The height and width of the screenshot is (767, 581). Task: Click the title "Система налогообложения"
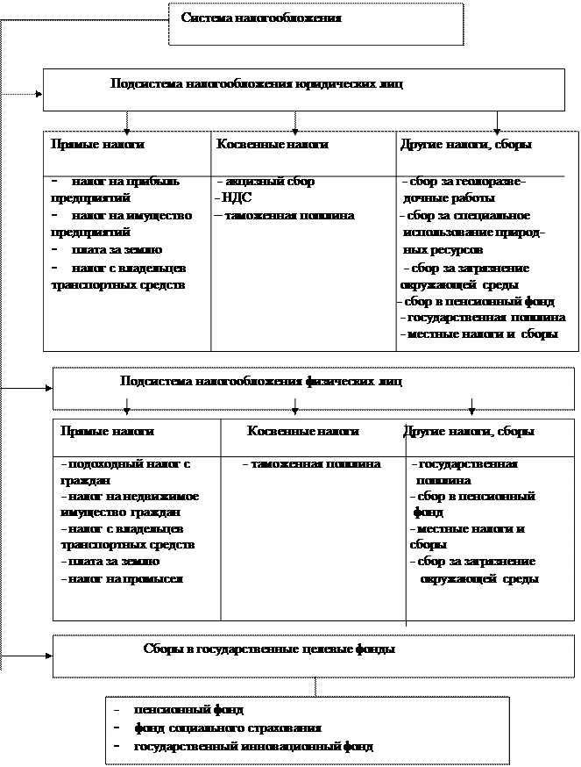pyautogui.click(x=261, y=18)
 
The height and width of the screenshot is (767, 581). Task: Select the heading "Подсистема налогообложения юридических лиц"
pyautogui.click(x=258, y=85)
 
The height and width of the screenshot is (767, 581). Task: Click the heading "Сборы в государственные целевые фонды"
pyautogui.click(x=268, y=649)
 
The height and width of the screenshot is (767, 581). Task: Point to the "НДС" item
pyautogui.click(x=238, y=198)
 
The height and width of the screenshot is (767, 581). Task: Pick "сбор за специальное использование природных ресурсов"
pyautogui.click(x=474, y=233)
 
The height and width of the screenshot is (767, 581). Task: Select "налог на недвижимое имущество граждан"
pyautogui.click(x=129, y=505)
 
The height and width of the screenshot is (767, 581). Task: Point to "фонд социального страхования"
pyautogui.click(x=227, y=728)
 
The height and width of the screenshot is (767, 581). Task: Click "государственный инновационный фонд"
pyautogui.click(x=252, y=747)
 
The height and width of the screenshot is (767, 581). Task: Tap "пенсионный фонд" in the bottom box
pyautogui.click(x=188, y=709)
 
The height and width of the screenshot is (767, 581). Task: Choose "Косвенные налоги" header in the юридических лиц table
pyautogui.click(x=273, y=143)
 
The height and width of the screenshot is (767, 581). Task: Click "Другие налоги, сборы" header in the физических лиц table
pyautogui.click(x=469, y=432)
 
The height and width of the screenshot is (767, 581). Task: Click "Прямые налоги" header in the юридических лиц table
pyautogui.click(x=97, y=143)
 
